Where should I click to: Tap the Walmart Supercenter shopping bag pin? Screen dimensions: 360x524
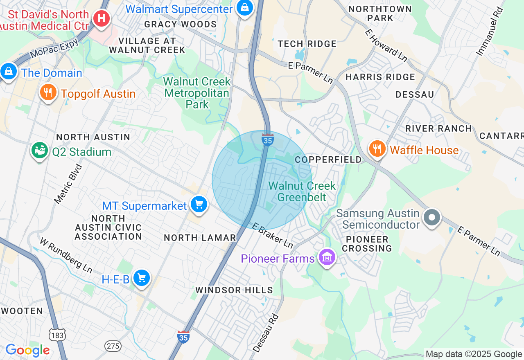click(244, 8)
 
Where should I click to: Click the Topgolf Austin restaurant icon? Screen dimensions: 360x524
click(48, 93)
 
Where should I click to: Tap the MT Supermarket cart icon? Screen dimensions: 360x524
click(199, 205)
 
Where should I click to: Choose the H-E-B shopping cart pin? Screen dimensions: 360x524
click(142, 279)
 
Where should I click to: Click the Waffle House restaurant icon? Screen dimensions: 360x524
click(377, 149)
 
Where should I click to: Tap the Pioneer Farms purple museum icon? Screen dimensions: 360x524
click(327, 257)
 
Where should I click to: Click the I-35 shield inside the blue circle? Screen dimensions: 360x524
click(267, 139)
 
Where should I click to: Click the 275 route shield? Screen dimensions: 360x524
click(113, 346)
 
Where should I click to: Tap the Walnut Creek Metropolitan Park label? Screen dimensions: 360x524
click(197, 93)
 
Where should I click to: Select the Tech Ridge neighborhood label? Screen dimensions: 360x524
click(307, 44)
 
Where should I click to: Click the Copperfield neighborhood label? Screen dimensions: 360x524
click(328, 160)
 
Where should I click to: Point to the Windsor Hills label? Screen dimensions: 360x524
click(234, 290)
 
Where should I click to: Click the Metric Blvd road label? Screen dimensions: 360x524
click(68, 184)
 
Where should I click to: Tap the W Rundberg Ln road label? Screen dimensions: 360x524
click(65, 255)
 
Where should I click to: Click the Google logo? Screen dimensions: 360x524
click(27, 350)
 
